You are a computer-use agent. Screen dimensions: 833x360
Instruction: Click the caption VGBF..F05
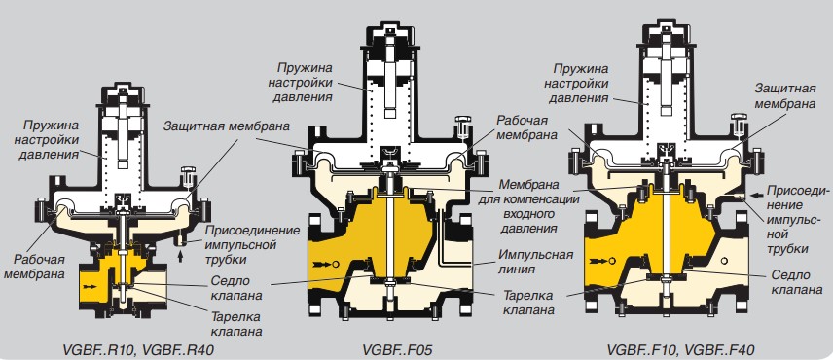[397, 350]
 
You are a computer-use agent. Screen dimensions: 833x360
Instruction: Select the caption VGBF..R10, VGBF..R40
[140, 350]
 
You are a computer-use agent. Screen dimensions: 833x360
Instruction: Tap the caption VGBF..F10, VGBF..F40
[680, 350]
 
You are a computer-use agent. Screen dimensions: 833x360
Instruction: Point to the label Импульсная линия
[535, 261]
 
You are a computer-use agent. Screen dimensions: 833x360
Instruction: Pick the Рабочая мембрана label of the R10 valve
[40, 267]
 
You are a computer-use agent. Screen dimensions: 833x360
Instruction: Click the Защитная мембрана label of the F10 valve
[784, 95]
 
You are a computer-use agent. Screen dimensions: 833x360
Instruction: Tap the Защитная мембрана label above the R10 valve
[227, 126]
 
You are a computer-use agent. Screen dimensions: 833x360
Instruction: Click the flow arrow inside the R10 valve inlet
[91, 286]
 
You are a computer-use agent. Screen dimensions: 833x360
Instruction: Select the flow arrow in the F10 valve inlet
[599, 261]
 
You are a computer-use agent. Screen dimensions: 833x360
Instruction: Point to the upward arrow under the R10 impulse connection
[183, 257]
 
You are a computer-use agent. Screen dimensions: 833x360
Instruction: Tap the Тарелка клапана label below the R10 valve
[235, 324]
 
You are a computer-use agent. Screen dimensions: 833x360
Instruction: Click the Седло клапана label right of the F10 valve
[790, 282]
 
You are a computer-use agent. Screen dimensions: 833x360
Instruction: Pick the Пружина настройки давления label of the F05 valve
[300, 83]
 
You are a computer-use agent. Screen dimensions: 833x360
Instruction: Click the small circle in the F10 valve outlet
[725, 261]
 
